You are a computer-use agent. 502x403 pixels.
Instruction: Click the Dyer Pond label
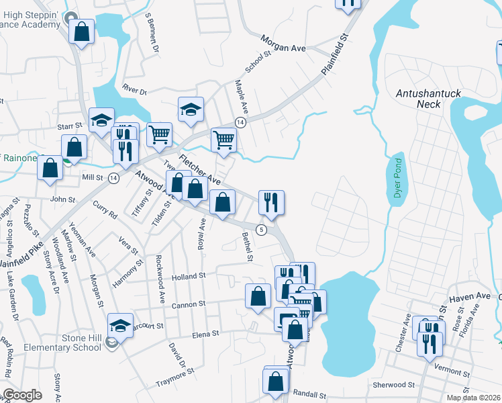(x=397, y=178)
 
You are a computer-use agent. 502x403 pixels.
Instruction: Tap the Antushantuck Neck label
(x=428, y=99)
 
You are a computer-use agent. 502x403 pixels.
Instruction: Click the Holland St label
(x=187, y=276)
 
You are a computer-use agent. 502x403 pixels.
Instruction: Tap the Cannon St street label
(x=188, y=304)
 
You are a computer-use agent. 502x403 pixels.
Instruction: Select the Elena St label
(x=205, y=334)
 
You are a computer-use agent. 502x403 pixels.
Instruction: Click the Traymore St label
(x=174, y=375)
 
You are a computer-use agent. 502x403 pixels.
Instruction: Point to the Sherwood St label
(x=395, y=385)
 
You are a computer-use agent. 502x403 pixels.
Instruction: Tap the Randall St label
(x=309, y=396)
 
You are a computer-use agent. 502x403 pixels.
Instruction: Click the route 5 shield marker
(x=262, y=230)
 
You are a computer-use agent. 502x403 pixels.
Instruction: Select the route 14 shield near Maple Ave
(x=240, y=122)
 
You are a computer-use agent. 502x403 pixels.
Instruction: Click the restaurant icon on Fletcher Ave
(x=271, y=201)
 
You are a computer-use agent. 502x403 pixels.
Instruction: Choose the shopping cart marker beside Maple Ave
(x=224, y=140)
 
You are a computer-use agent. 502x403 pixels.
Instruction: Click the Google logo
(x=22, y=395)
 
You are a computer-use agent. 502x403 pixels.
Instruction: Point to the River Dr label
(x=134, y=89)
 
